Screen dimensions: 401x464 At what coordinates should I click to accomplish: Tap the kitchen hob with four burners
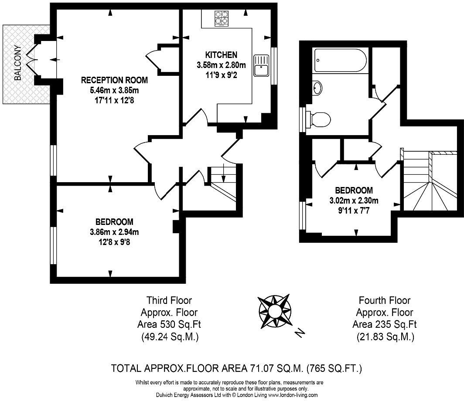pyautogui.click(x=221, y=18)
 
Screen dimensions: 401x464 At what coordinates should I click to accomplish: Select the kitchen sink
pyautogui.click(x=261, y=65)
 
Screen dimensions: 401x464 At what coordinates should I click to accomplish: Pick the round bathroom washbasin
pyautogui.click(x=317, y=88)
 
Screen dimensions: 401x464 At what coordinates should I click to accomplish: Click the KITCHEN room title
pyautogui.click(x=221, y=55)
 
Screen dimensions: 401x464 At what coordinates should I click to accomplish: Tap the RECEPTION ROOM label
pyautogui.click(x=114, y=80)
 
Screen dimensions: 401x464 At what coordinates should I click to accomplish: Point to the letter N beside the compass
pyautogui.click(x=300, y=333)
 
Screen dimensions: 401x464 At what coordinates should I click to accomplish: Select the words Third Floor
pyautogui.click(x=169, y=300)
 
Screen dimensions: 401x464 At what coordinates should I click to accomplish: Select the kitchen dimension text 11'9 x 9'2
pyautogui.click(x=221, y=75)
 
